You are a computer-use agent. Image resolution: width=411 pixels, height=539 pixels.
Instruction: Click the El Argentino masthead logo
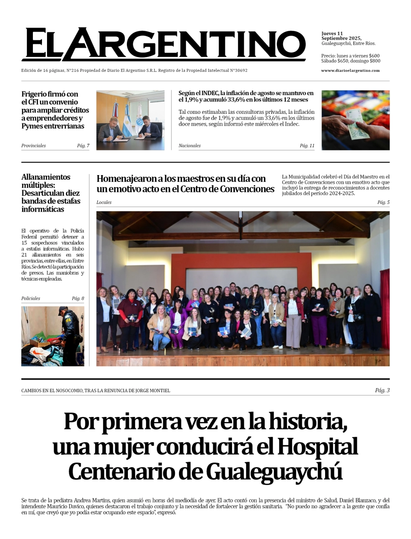163,44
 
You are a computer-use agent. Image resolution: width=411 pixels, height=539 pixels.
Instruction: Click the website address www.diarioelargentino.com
350,70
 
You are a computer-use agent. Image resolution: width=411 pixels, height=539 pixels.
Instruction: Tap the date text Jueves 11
332,33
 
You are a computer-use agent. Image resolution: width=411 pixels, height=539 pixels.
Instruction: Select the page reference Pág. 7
83,146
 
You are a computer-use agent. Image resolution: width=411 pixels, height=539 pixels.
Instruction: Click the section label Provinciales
33,146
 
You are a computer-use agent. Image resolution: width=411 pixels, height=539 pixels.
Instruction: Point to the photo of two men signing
130,120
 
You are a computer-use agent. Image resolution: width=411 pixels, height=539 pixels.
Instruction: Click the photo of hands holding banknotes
355,120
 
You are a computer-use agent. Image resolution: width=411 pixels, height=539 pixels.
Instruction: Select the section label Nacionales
190,146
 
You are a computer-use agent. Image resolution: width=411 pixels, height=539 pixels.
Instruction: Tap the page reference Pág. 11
307,146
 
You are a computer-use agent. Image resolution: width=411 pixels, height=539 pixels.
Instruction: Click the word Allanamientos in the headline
46,177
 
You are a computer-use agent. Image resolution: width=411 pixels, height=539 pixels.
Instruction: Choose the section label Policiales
31,299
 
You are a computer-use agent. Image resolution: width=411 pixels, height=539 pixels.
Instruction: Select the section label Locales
104,202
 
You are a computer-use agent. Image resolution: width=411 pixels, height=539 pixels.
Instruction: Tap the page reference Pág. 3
382,390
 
